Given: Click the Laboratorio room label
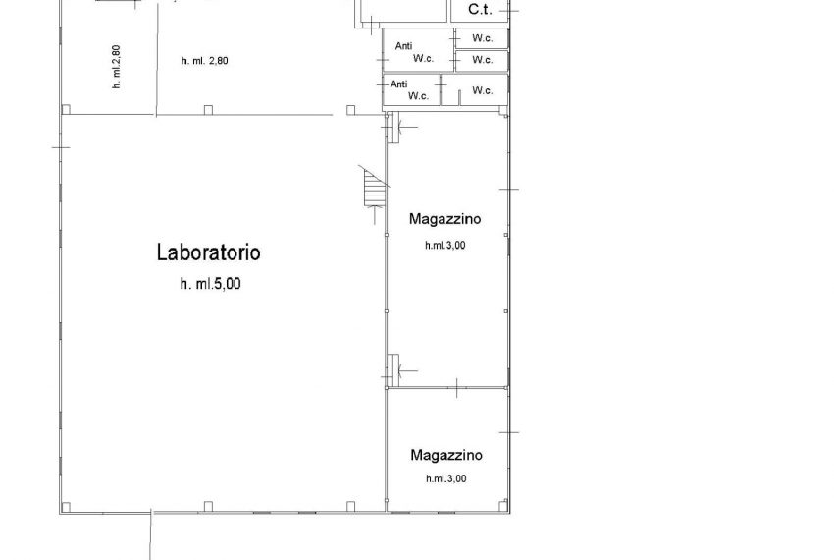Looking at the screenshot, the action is click(208, 252).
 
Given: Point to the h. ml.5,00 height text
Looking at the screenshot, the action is click(211, 284).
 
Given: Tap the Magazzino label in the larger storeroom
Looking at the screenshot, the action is click(445, 219).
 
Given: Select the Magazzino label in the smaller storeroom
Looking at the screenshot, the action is click(446, 455).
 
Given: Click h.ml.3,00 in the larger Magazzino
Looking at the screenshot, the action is click(445, 245).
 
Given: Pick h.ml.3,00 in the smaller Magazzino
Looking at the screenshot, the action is click(446, 478).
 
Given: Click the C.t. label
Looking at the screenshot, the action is click(480, 9).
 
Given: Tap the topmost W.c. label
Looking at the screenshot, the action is click(483, 38).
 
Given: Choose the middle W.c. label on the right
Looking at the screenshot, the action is click(483, 60).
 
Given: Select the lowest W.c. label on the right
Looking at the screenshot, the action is click(483, 90).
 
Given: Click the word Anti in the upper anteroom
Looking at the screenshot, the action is click(403, 46).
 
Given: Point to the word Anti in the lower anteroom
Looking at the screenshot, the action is click(399, 84).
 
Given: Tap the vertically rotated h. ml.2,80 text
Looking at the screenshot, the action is click(117, 67).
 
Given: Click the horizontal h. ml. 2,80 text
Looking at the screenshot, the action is click(205, 61).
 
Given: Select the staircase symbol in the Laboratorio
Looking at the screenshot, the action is click(375, 187).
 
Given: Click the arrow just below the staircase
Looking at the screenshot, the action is click(376, 215).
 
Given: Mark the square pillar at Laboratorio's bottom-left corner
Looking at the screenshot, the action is click(66, 506).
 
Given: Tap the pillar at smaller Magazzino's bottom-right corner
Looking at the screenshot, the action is click(502, 505).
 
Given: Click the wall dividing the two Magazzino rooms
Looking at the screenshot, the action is click(446, 388).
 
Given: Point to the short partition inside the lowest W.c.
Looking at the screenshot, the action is click(458, 97).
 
